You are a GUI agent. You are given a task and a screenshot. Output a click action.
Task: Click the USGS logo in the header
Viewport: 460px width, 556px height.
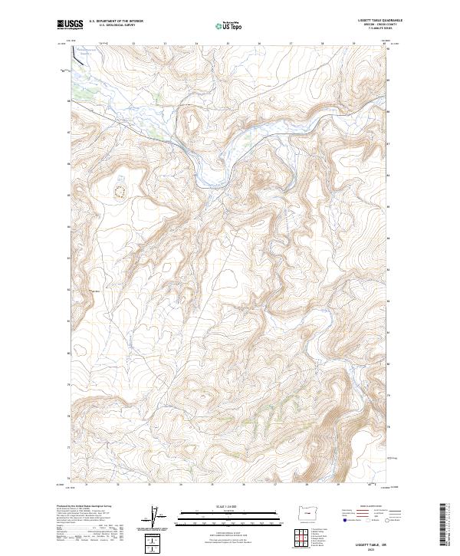[x=70, y=25]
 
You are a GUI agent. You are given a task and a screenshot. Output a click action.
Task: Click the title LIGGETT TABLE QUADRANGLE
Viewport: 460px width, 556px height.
[x=379, y=21]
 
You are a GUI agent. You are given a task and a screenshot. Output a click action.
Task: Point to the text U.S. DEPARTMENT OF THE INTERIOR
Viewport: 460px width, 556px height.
[x=116, y=21]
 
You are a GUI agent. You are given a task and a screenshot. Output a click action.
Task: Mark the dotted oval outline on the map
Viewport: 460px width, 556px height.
[x=120, y=188]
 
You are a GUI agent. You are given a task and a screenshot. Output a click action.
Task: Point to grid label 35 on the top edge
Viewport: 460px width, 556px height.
[x=228, y=44]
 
